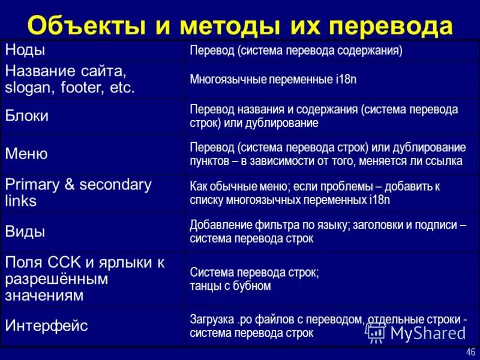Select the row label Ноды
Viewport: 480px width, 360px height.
click(x=25, y=50)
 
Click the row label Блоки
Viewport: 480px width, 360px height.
click(x=27, y=116)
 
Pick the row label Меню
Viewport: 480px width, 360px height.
click(x=26, y=154)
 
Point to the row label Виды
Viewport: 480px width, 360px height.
click(x=25, y=232)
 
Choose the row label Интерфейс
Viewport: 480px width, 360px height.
click(x=47, y=326)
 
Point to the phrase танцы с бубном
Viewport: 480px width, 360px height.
click(x=230, y=286)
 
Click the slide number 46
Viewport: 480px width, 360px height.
click(x=470, y=352)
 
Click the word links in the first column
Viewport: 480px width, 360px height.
click(x=21, y=201)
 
